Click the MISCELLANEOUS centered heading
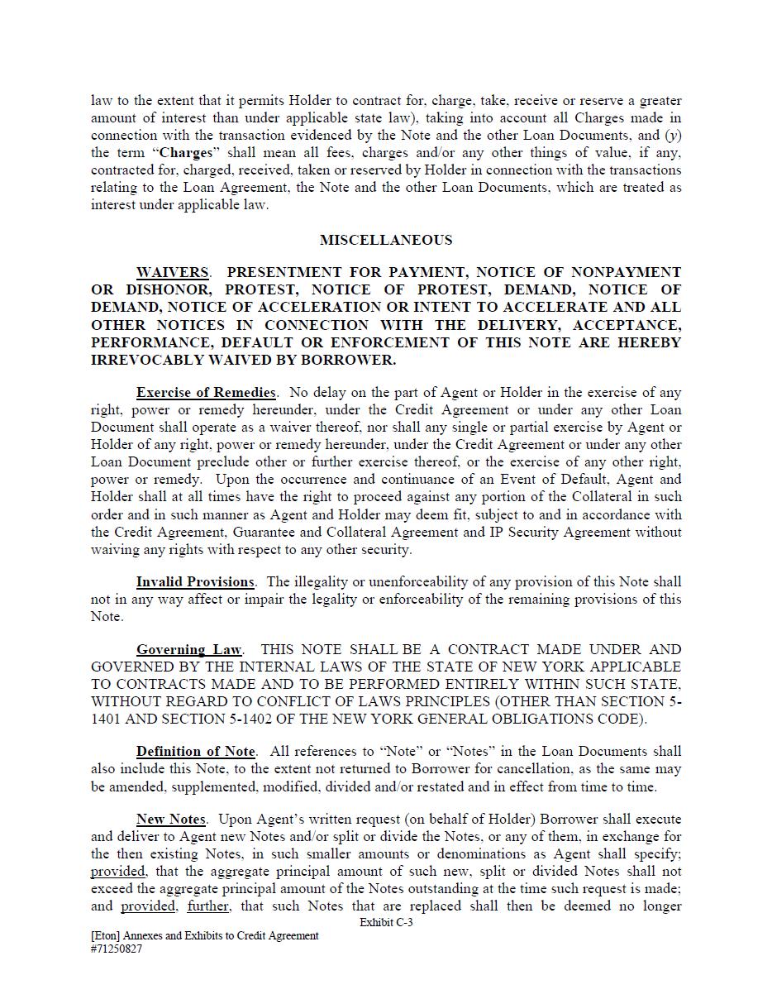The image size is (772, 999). pos(386,240)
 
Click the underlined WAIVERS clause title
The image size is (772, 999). pos(172,272)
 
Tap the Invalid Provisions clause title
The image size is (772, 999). pos(195,581)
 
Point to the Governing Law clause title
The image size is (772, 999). pos(189,649)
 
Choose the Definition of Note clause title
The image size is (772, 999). pos(196,751)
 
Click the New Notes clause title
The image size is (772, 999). pos(171,819)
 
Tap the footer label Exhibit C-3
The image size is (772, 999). pos(386,922)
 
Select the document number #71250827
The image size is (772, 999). pos(117,949)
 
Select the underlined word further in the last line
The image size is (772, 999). pos(207,906)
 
